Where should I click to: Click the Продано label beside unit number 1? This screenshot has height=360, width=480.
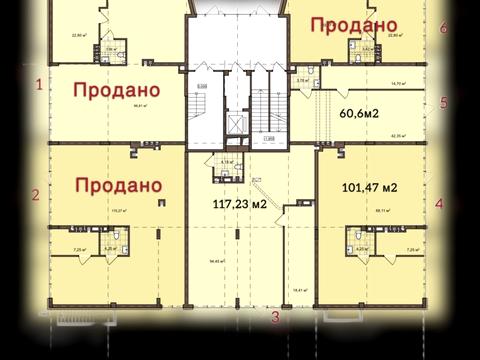(118, 89)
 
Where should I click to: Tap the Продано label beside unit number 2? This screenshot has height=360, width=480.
(118, 185)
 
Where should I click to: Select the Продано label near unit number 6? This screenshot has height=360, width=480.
(354, 24)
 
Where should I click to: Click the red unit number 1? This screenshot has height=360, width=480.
(39, 85)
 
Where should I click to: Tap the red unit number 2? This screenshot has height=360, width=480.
(35, 196)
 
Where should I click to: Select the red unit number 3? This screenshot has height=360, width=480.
(275, 319)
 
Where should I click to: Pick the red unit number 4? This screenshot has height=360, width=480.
(439, 203)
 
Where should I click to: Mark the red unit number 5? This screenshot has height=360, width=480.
(443, 103)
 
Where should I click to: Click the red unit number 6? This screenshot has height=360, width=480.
(443, 27)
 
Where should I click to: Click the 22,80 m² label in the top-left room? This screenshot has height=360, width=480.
(77, 34)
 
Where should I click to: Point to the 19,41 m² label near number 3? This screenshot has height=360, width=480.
(297, 288)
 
